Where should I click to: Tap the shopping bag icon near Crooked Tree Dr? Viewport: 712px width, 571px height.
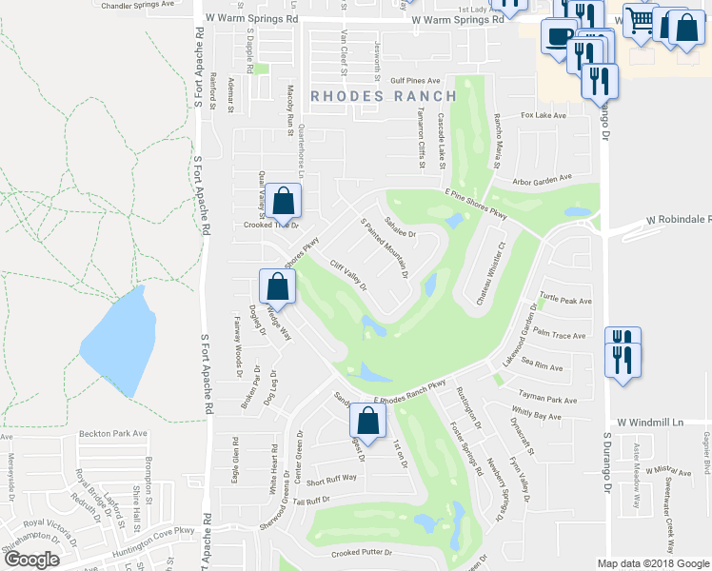(283, 201)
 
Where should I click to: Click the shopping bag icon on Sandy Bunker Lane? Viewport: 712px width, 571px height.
(366, 421)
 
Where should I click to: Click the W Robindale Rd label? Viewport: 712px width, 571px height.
(678, 220)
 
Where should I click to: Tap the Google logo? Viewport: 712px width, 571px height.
(31, 560)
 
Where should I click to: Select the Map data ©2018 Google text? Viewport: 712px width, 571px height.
(652, 563)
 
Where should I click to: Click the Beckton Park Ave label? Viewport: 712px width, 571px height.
(112, 433)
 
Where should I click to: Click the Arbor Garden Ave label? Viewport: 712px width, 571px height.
(540, 177)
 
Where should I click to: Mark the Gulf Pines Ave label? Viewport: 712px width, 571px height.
(414, 81)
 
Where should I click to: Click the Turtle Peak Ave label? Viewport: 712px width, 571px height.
(565, 300)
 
